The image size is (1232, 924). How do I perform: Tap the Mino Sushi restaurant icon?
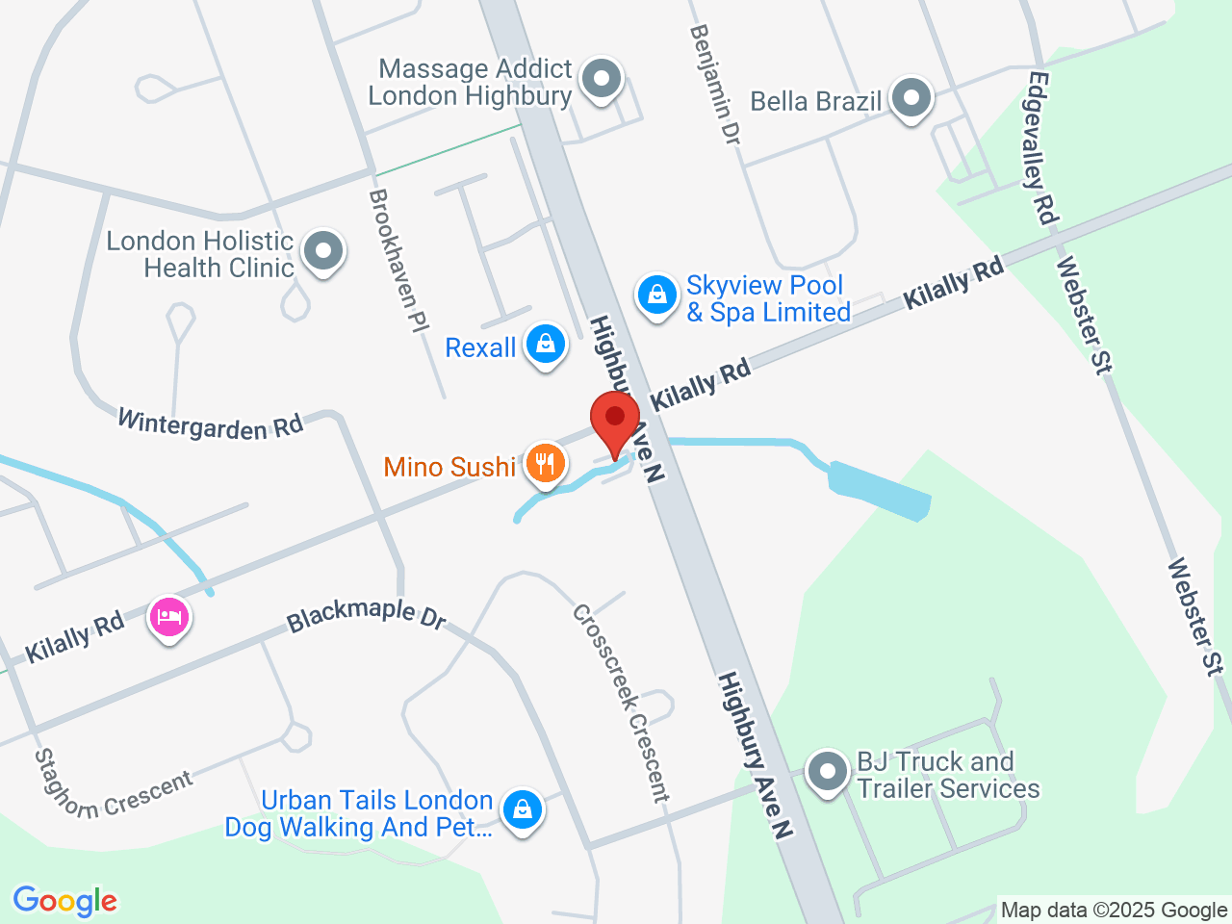click(545, 464)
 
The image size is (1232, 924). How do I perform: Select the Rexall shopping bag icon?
click(545, 345)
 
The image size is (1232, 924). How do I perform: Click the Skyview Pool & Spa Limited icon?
click(656, 295)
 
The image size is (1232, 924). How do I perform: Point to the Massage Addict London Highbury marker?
click(603, 79)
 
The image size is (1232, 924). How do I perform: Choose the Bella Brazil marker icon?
click(911, 98)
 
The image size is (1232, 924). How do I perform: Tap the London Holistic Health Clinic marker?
click(322, 252)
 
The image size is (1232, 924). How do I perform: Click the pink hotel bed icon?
click(169, 617)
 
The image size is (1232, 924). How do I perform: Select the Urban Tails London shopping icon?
click(523, 810)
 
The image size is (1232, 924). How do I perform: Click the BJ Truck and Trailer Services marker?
click(826, 772)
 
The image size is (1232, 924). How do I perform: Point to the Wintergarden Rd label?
click(210, 423)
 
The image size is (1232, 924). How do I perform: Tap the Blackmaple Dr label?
click(367, 615)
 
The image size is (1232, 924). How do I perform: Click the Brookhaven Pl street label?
click(398, 261)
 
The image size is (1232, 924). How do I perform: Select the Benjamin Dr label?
click(715, 85)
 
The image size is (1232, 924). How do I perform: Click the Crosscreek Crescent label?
click(621, 704)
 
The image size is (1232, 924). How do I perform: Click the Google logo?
click(64, 901)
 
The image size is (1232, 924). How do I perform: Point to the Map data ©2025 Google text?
click(1114, 910)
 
